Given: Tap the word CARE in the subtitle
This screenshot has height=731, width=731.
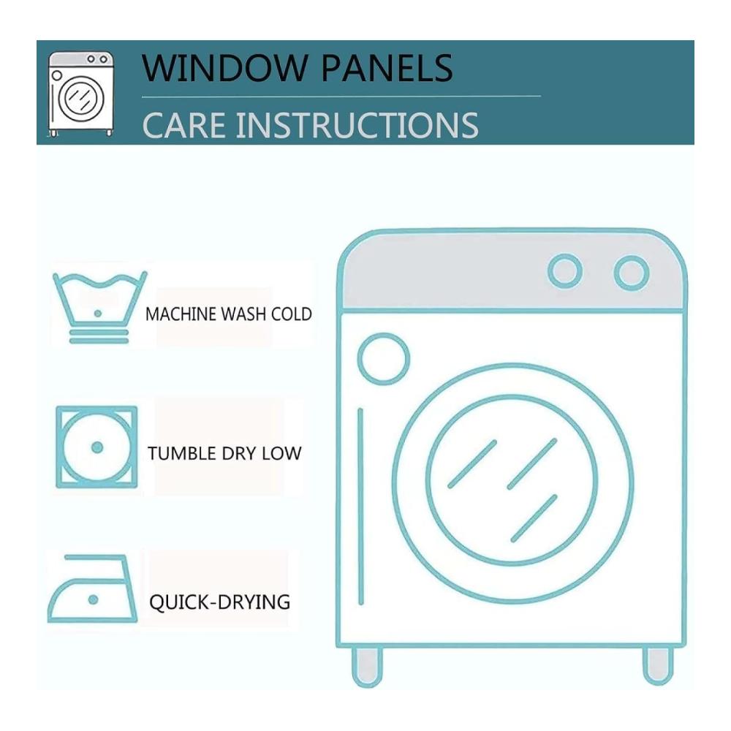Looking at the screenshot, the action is point(184,125).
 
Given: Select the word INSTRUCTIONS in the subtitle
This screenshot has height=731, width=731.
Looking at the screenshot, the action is point(357,125).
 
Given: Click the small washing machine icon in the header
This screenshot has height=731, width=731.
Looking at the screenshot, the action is point(81,94).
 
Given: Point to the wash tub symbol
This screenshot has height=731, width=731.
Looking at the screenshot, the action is point(99,308).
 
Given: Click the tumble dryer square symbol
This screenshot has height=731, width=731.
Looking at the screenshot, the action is point(96,447).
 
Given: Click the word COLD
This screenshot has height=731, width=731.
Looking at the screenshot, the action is point(292,314).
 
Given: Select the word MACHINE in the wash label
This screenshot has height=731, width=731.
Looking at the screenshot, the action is point(181,314).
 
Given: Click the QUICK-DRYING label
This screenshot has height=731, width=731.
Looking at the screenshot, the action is point(219,602).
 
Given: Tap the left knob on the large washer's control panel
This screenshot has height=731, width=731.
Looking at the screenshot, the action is point(565,271).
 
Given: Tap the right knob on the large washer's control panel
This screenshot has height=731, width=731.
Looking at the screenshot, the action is point(632,273).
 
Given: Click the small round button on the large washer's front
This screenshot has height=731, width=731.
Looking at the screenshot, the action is point(384,358).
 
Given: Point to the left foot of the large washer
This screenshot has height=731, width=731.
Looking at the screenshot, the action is point(368,666).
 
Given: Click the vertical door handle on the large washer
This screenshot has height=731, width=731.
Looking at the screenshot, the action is point(360,507).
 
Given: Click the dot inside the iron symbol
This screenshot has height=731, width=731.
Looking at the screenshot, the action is point(94,599).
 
